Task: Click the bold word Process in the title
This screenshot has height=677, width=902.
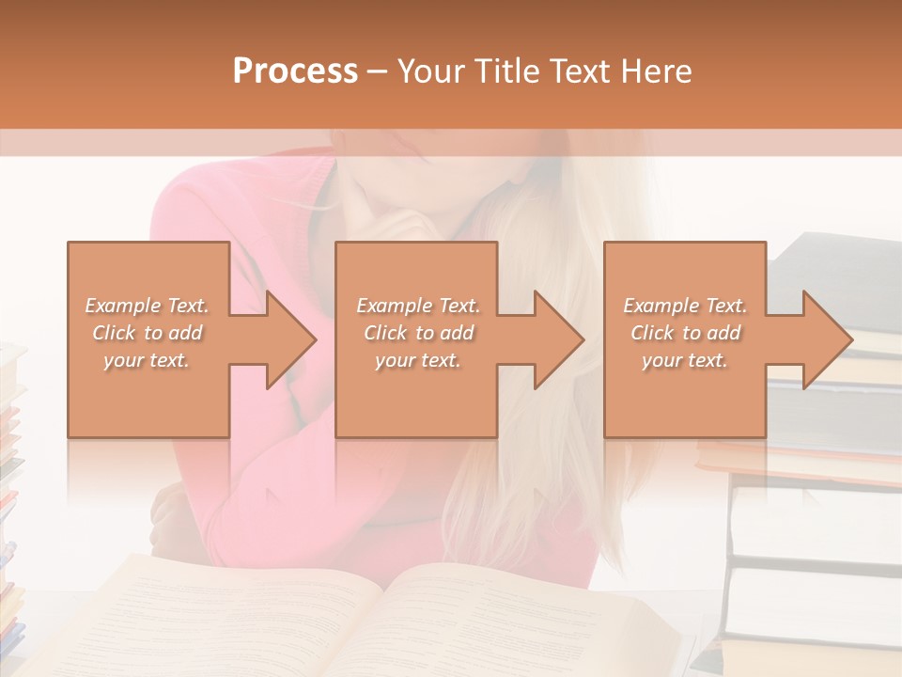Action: point(295,71)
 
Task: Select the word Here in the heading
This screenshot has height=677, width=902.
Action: point(657,71)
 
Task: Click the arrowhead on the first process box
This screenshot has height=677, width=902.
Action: point(290,339)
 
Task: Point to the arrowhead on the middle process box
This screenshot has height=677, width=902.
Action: point(559,339)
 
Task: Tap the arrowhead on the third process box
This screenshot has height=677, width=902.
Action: point(827,339)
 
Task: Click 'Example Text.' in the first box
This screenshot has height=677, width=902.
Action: point(147,306)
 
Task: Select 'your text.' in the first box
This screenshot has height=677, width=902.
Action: point(147,360)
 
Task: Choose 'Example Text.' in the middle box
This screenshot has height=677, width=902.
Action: point(417,306)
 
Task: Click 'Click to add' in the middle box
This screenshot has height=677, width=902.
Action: point(417,333)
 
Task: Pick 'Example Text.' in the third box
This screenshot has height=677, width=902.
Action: point(685,306)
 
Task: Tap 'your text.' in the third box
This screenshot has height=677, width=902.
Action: point(685,360)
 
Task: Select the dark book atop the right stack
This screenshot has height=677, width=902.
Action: point(836,273)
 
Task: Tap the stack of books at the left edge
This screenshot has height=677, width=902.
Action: point(9,470)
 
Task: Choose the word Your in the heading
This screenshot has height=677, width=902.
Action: point(432,71)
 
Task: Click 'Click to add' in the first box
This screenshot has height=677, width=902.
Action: point(147,333)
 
